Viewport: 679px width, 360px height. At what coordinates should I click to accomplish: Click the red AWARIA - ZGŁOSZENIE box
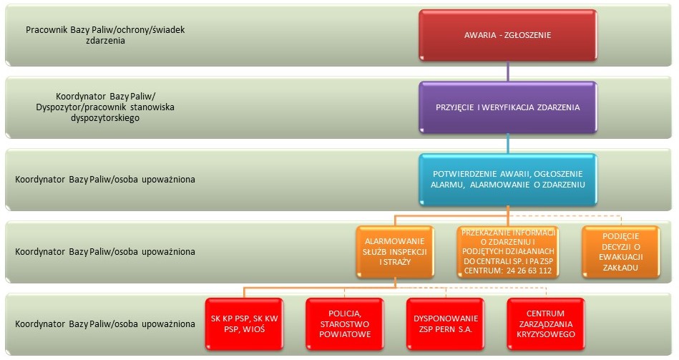[x=507, y=35]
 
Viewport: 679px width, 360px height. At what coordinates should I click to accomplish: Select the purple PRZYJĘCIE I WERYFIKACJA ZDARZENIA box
[x=507, y=107]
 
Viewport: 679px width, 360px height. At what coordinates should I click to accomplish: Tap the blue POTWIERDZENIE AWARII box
[x=507, y=180]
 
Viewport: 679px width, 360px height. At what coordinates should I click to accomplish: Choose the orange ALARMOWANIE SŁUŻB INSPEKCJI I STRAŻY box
[x=395, y=252]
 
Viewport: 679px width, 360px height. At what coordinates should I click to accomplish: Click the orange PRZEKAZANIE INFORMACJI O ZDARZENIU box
[x=508, y=252]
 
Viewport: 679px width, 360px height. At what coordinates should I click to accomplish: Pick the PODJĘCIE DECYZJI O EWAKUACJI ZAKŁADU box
[x=621, y=252]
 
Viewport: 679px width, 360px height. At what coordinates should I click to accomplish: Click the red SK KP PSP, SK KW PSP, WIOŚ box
[x=244, y=324]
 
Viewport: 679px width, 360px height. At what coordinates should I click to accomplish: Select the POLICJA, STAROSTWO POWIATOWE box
[x=345, y=324]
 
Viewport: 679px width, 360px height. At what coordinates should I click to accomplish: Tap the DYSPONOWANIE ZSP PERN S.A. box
[x=445, y=324]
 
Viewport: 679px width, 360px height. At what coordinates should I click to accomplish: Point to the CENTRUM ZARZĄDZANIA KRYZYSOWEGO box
[x=546, y=324]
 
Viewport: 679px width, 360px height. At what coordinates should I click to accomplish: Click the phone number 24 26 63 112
[x=529, y=271]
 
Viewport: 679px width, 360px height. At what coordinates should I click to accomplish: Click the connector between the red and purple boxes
[x=508, y=71]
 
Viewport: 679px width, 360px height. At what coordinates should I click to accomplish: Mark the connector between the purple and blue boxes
[x=508, y=143]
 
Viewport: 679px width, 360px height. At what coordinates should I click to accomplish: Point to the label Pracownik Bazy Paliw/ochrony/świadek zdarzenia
[x=105, y=35]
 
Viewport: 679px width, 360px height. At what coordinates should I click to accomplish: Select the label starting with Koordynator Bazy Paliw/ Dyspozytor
[x=105, y=107]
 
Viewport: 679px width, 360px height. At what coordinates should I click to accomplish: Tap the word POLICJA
[x=345, y=313]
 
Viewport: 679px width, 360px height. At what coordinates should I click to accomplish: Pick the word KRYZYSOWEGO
[x=546, y=334]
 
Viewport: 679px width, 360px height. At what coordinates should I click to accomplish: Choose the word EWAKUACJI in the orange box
[x=621, y=257]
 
